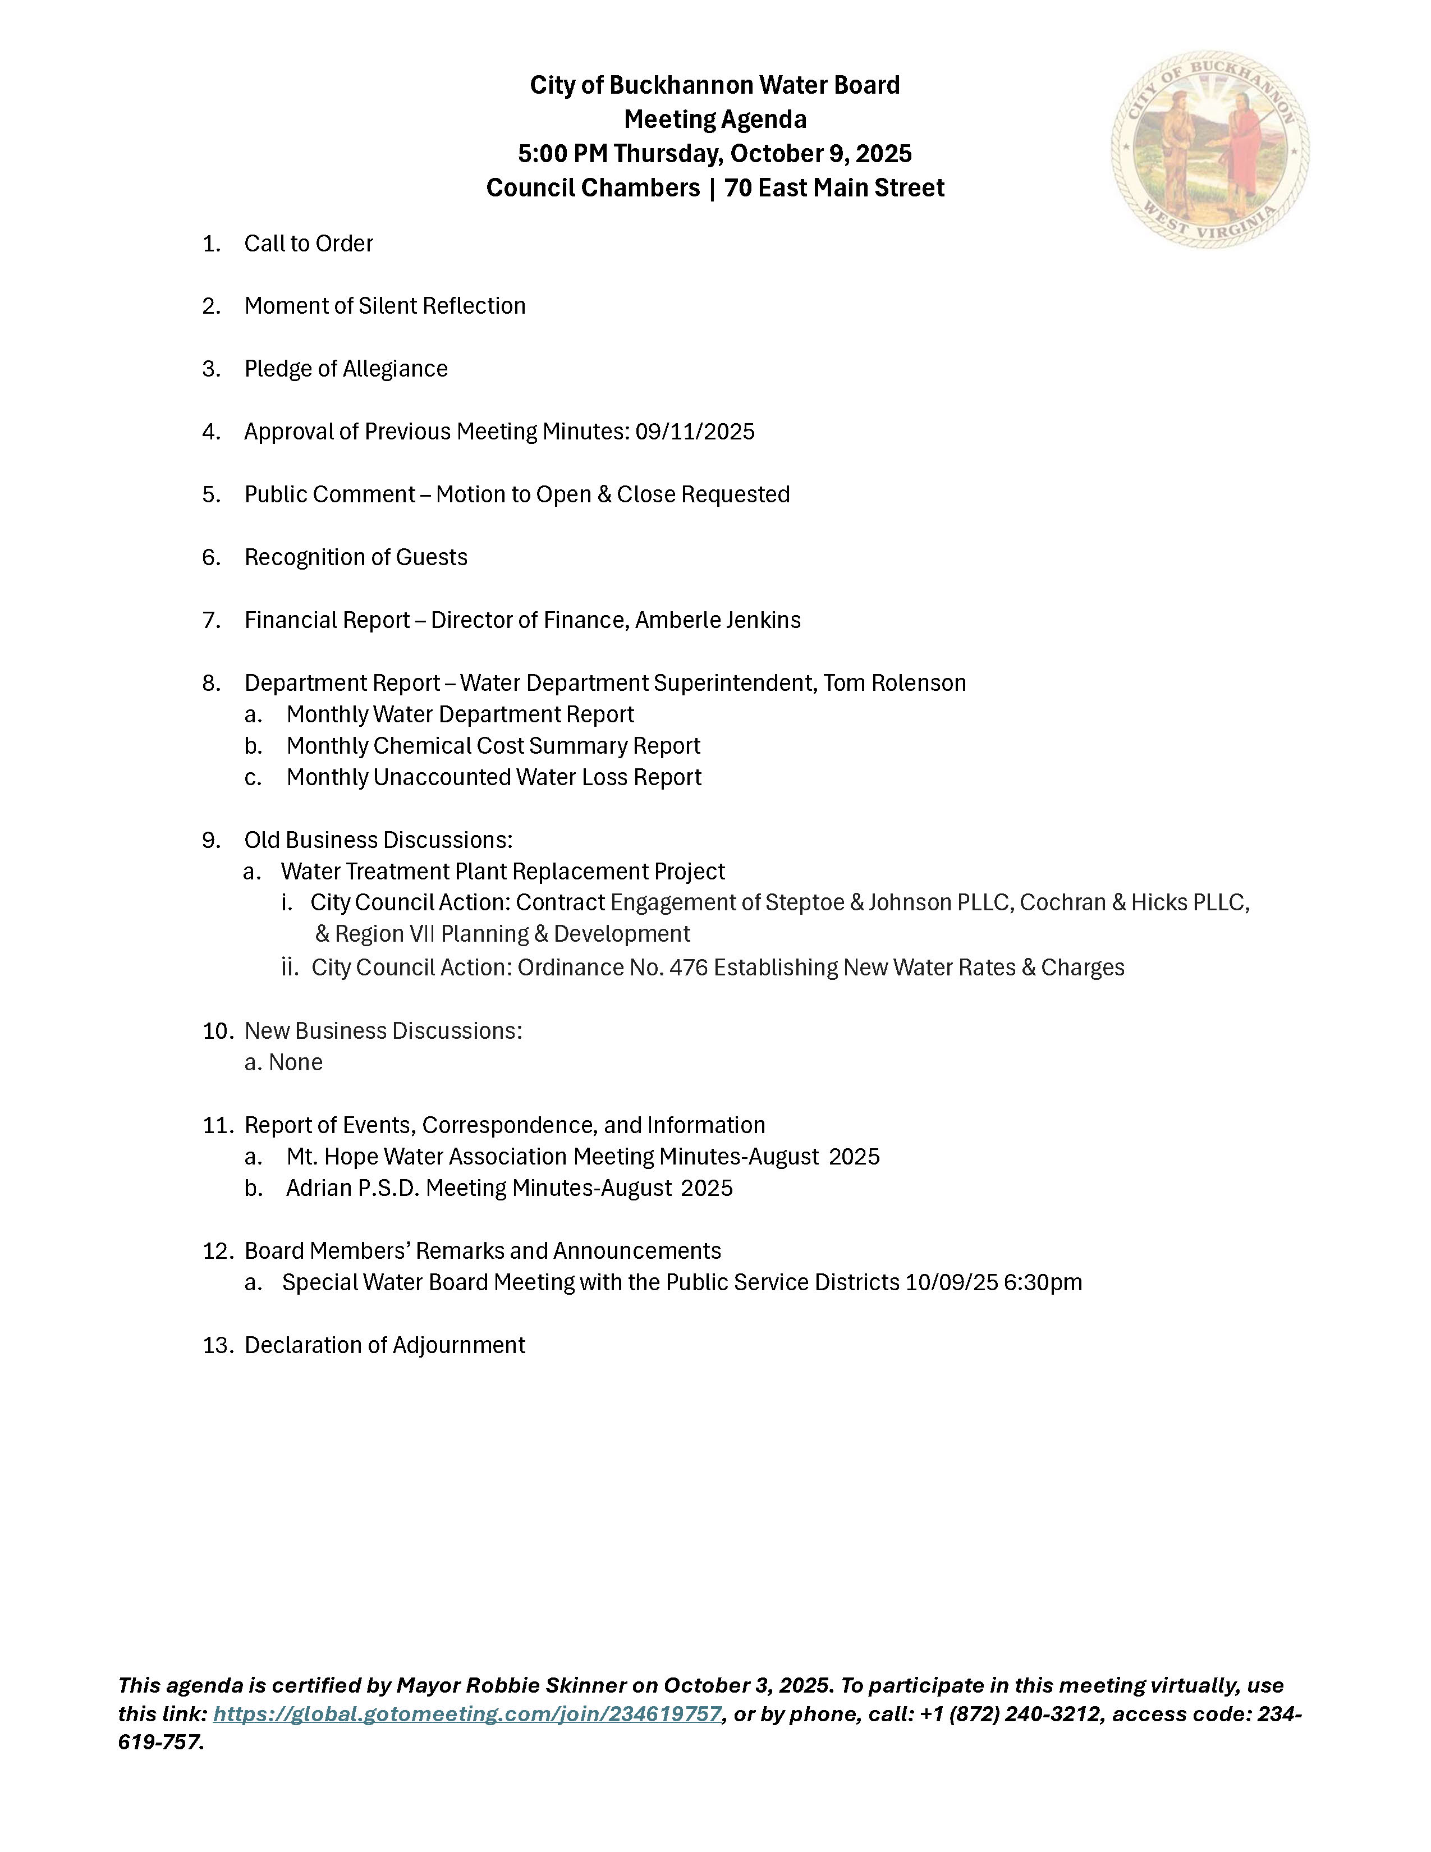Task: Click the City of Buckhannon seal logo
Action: (x=1210, y=150)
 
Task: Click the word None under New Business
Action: (x=295, y=1062)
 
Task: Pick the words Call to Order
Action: (x=309, y=244)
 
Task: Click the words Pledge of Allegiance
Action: (x=346, y=369)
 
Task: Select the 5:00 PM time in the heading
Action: (x=562, y=153)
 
